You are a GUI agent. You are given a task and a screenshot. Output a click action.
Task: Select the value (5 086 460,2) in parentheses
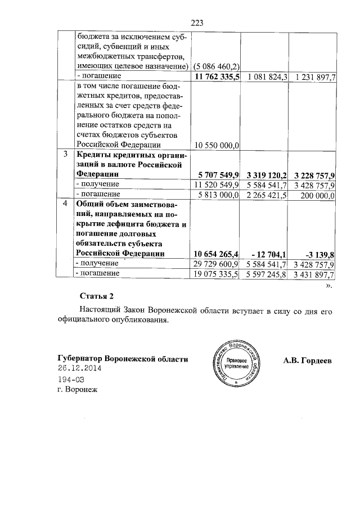[x=217, y=66]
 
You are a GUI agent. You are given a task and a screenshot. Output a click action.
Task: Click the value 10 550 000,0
[x=217, y=145]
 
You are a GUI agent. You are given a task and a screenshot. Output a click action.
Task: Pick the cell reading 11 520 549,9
[x=217, y=184]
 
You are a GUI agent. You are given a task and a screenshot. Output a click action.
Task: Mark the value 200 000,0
[x=315, y=195]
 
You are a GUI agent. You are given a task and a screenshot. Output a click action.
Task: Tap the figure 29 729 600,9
[x=217, y=263]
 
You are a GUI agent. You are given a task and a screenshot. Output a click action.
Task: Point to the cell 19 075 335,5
[x=217, y=274]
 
